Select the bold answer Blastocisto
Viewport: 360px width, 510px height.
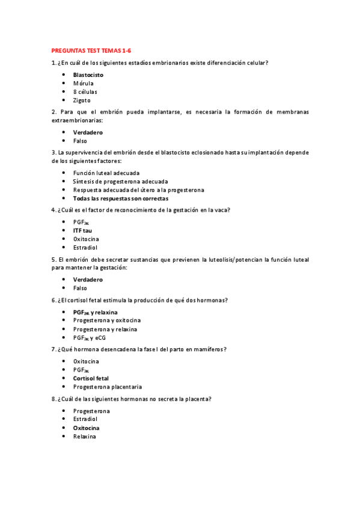(x=88, y=75)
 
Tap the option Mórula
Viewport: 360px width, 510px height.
(x=84, y=83)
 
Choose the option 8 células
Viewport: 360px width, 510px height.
(x=85, y=92)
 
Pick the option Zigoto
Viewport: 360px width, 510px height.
(x=82, y=100)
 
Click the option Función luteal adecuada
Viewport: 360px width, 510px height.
(x=106, y=173)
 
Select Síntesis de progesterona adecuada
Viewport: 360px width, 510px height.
(x=112, y=181)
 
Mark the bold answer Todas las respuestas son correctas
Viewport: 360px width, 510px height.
(x=120, y=198)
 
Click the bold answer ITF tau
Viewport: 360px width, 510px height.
(x=82, y=230)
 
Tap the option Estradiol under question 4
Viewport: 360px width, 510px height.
(x=85, y=247)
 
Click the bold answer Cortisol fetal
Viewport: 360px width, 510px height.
(x=91, y=378)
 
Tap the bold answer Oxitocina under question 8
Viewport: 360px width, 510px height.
(x=86, y=428)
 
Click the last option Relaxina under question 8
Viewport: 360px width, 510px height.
(x=84, y=437)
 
